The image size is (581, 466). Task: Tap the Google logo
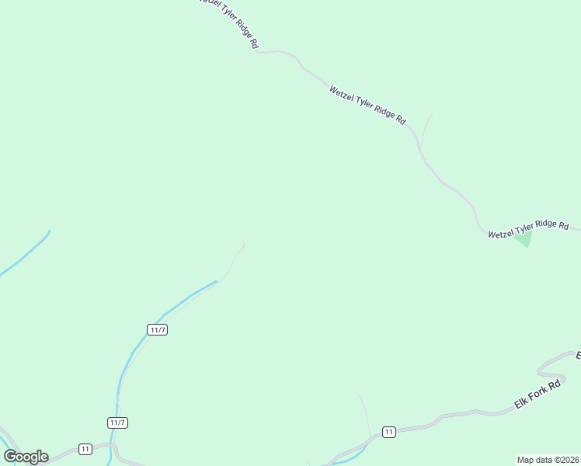[26, 457]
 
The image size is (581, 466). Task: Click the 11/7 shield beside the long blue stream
[158, 329]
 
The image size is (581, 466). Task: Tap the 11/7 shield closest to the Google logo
[117, 423]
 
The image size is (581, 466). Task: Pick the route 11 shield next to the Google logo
[85, 449]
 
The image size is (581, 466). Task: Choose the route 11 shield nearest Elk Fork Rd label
[388, 432]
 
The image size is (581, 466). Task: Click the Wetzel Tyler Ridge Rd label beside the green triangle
[528, 229]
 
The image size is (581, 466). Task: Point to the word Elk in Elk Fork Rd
[520, 404]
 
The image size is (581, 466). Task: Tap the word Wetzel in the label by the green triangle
[502, 232]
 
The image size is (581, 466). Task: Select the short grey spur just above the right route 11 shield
[364, 412]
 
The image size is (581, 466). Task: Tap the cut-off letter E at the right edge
[578, 356]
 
